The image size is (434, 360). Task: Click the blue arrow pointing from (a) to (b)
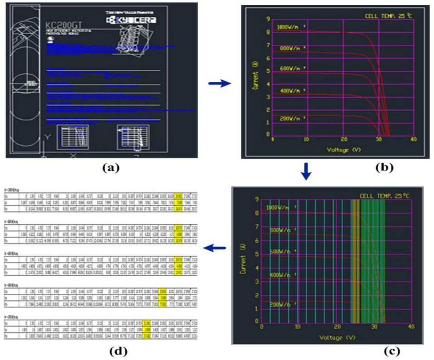219,83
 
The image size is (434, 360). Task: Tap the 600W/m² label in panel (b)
291,68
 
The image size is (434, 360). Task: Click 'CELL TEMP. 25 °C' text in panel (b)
389,16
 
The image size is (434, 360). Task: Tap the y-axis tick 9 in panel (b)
268,19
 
